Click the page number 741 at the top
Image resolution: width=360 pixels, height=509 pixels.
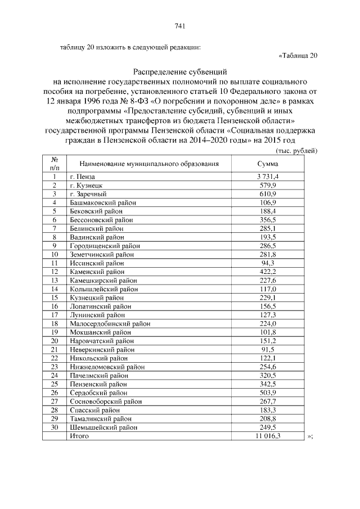point(180,26)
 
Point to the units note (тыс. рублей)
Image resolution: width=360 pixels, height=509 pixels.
point(296,151)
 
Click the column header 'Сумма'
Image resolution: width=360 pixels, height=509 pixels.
point(268,164)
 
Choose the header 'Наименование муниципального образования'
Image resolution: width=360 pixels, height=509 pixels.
point(148,164)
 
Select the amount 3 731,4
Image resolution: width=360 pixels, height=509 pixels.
point(268,177)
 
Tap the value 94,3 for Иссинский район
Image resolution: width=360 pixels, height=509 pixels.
point(268,263)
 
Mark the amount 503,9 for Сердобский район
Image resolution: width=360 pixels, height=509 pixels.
point(268,393)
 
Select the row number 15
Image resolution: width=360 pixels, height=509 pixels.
point(55,298)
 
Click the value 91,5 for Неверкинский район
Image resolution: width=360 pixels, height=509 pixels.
point(268,349)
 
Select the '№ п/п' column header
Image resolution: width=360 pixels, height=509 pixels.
point(55,164)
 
